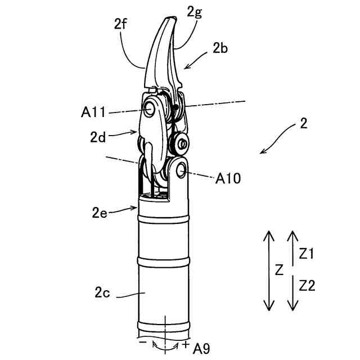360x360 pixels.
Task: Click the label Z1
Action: point(307,254)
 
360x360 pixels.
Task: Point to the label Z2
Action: point(307,286)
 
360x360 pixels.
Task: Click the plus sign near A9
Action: point(186,343)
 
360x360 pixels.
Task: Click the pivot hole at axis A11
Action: point(150,109)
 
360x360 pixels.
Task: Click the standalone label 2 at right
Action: point(304,125)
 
